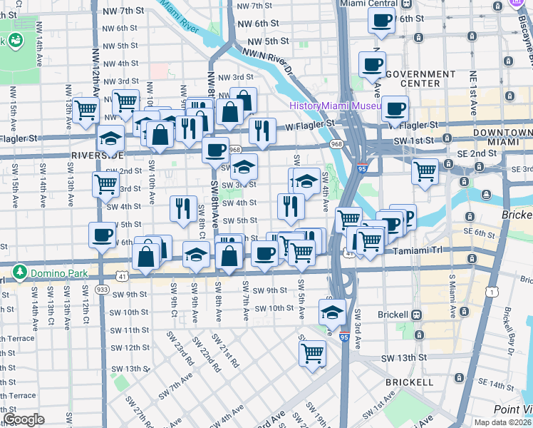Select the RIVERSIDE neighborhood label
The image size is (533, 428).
coord(98,155)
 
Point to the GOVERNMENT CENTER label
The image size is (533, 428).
coord(420,78)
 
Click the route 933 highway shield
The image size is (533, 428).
coord(102,290)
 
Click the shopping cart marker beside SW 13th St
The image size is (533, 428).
coord(312,352)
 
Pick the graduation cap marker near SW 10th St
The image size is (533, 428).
coord(331,312)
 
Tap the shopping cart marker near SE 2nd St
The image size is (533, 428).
coord(425,171)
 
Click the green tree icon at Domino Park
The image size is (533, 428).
coord(21,271)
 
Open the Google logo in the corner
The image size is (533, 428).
coord(24,419)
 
